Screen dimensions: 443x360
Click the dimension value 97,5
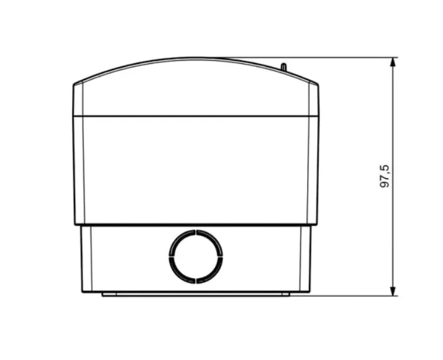pos(385,176)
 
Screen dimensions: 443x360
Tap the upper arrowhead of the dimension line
pos(393,62)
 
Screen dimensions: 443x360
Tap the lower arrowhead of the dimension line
pos(393,291)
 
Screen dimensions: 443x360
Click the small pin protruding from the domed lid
pos(284,66)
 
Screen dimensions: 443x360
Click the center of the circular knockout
pos(196,256)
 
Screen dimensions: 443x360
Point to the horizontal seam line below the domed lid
pos(196,116)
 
